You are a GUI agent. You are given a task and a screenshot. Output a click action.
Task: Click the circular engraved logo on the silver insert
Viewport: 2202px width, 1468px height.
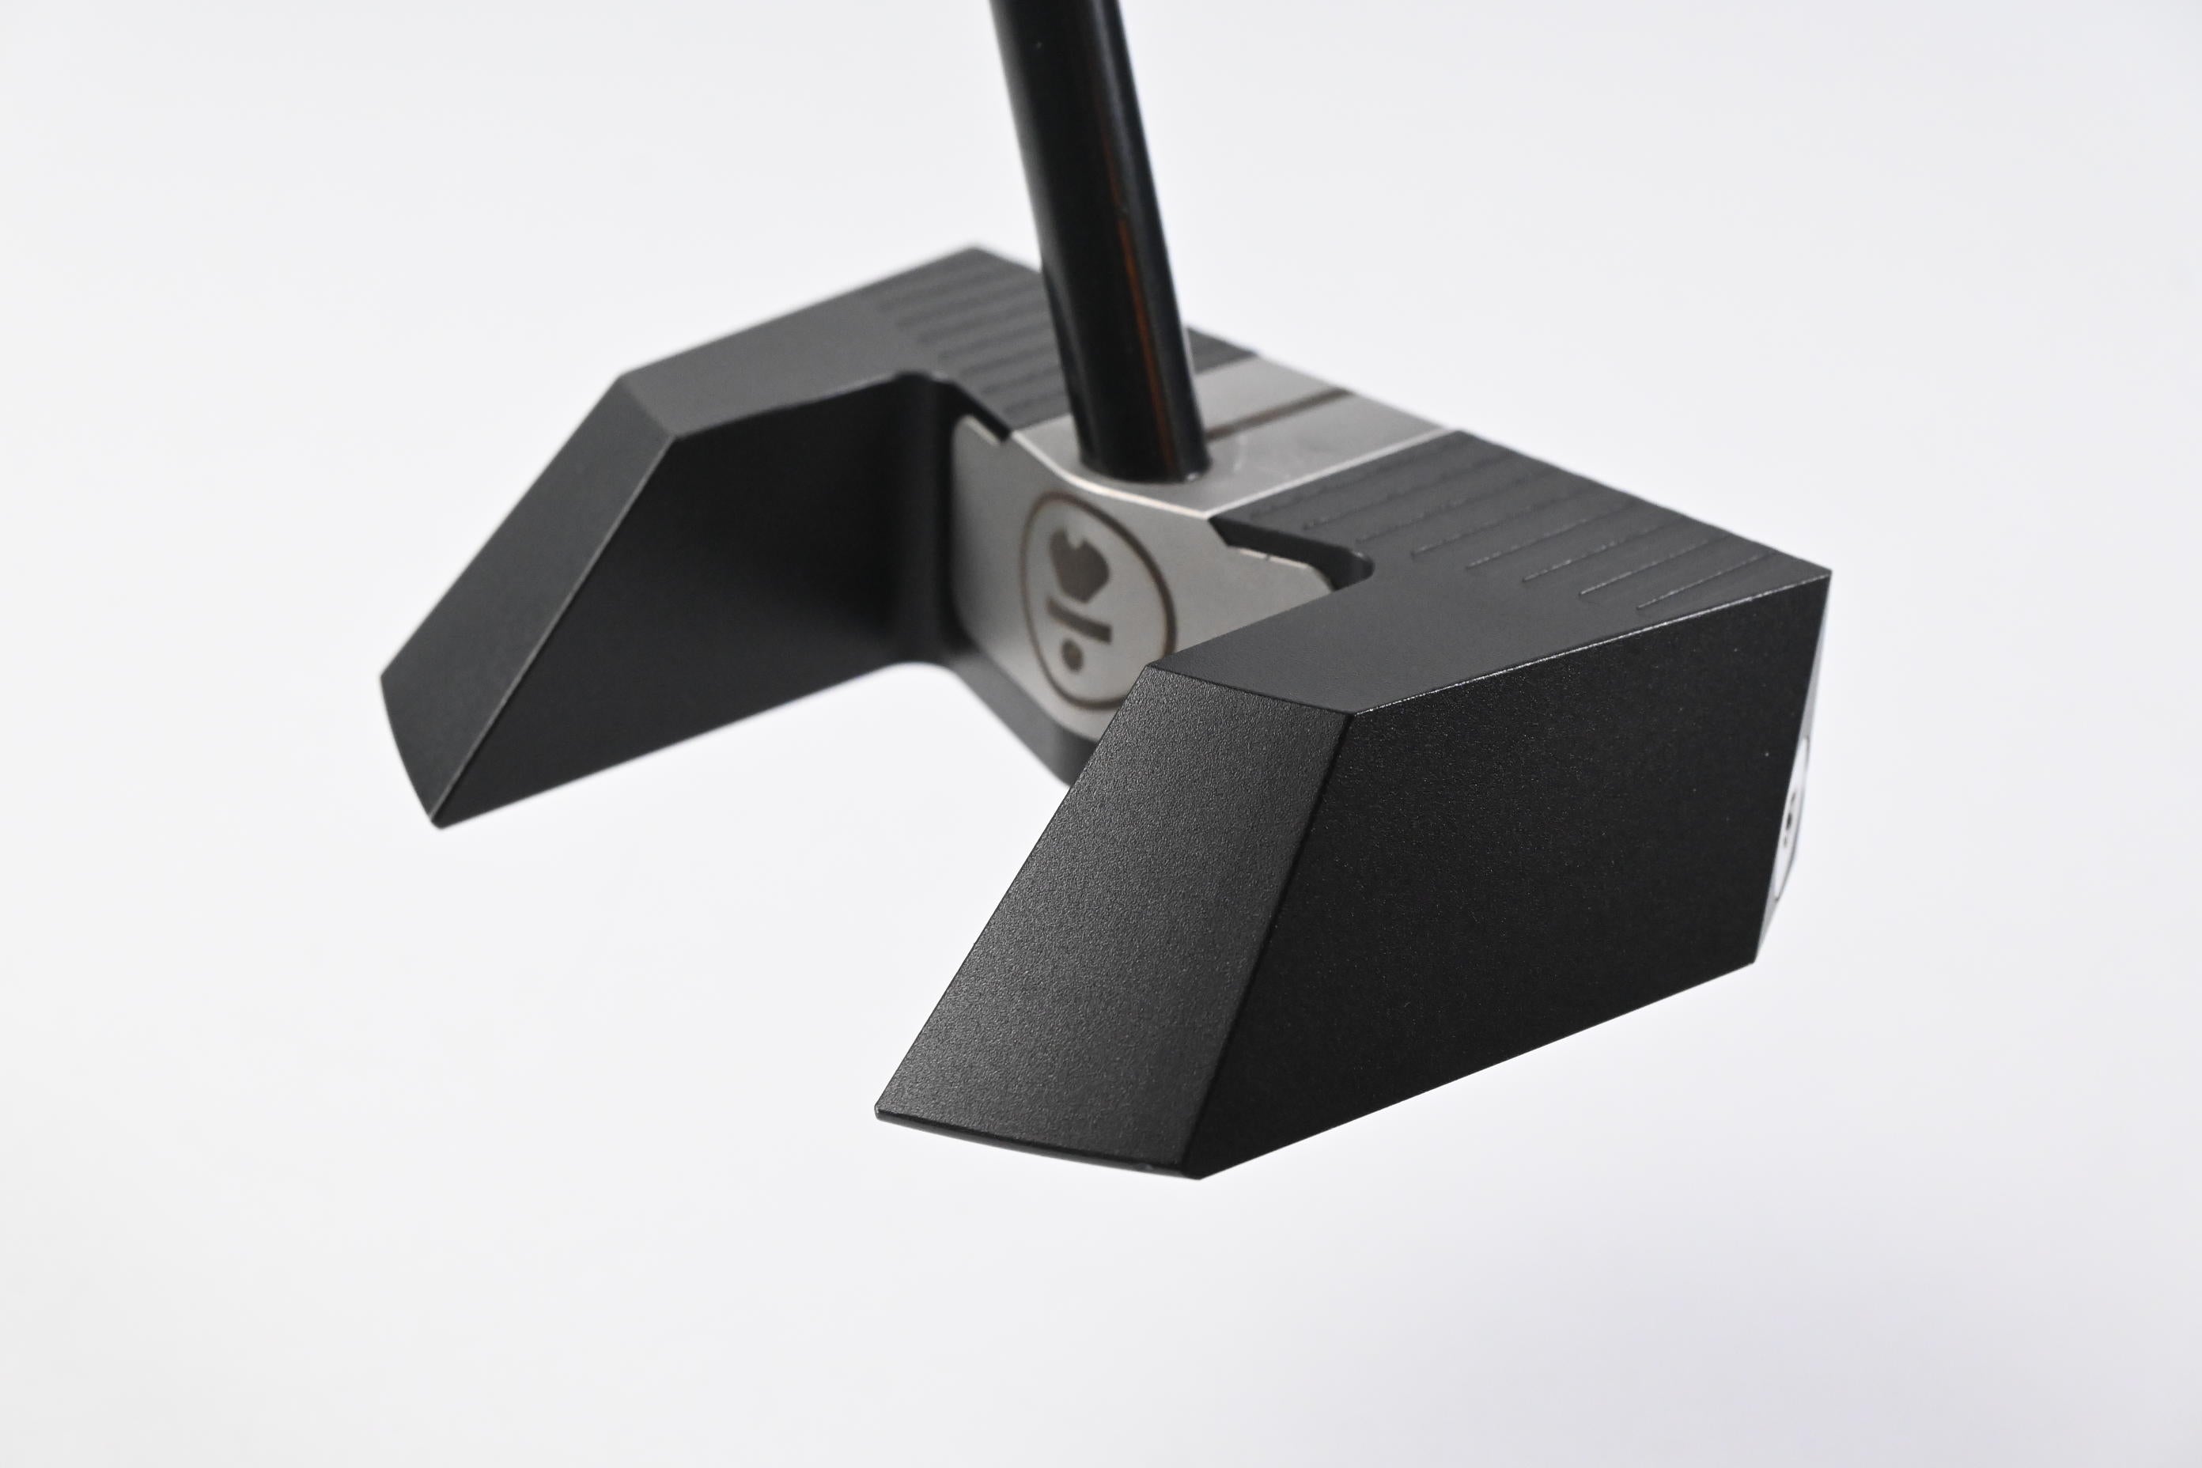(x=1076, y=600)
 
